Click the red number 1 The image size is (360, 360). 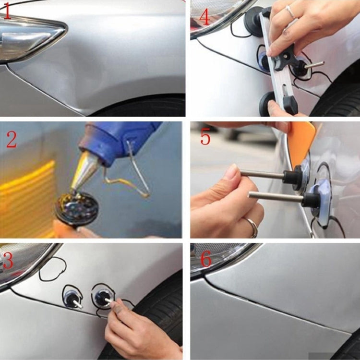[x=6, y=11]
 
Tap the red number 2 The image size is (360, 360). [x=11, y=140]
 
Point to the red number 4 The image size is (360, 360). [x=204, y=17]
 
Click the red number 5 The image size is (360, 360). [x=205, y=138]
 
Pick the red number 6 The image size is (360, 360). [x=205, y=260]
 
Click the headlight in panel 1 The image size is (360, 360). [x=29, y=38]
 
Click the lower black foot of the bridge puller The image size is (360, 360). [x=267, y=103]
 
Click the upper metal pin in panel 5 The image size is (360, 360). [x=264, y=175]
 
